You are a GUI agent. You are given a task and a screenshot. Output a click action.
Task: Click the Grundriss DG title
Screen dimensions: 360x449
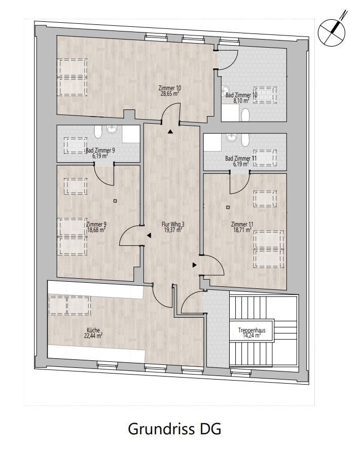174,429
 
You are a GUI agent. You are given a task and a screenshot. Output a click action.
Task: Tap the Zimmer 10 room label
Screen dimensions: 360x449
170,88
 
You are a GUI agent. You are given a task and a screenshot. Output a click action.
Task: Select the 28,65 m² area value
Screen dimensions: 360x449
170,93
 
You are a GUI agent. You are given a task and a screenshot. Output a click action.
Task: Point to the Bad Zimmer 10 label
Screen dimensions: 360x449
241,95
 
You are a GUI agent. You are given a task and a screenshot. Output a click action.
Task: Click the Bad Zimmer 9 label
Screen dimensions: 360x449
100,151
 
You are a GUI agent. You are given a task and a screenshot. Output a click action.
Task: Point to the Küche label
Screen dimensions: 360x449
93,330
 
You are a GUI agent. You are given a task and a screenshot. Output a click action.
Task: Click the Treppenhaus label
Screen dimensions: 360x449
251,330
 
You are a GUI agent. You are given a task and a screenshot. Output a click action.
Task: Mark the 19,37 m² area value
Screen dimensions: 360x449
173,230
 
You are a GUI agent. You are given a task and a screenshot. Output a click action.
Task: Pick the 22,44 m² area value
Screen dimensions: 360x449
93,335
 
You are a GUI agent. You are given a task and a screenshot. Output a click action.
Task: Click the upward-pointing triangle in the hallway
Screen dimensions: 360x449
170,132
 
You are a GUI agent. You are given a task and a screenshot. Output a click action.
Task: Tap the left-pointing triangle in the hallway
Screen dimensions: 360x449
149,235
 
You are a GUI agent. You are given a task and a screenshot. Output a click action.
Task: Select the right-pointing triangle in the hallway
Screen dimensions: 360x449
195,265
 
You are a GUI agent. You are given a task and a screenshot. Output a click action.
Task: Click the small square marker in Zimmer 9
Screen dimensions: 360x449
115,201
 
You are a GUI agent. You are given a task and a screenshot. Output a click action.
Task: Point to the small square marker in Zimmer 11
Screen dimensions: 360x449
228,207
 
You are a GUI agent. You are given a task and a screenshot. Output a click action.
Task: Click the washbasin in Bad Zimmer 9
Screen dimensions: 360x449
112,129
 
